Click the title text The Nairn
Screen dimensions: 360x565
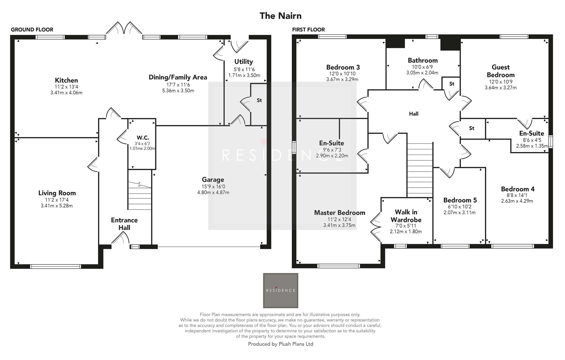pyautogui.click(x=280, y=16)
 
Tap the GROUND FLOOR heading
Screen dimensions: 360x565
pyautogui.click(x=32, y=30)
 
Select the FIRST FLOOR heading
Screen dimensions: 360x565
pyautogui.click(x=308, y=30)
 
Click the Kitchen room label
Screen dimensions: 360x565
pyautogui.click(x=66, y=80)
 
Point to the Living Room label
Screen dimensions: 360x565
pyautogui.click(x=57, y=193)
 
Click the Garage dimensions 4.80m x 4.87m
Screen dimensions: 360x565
pyautogui.click(x=213, y=192)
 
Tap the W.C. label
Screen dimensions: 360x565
pyautogui.click(x=143, y=138)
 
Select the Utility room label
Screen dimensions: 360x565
pyautogui.click(x=243, y=62)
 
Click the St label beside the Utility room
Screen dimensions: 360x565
pyautogui.click(x=259, y=100)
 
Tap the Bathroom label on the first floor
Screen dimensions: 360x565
pyautogui.click(x=423, y=60)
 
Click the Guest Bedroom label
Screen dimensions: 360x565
pyautogui.click(x=500, y=71)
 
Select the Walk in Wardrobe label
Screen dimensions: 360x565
pyautogui.click(x=406, y=216)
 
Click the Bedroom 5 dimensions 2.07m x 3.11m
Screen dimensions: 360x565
pyautogui.click(x=459, y=212)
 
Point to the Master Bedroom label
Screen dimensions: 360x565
pyautogui.click(x=340, y=213)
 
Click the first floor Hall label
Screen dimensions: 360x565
pyautogui.click(x=414, y=114)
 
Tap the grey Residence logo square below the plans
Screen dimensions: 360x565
pyautogui.click(x=280, y=290)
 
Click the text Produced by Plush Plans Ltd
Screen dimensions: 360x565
pyautogui.click(x=280, y=344)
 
